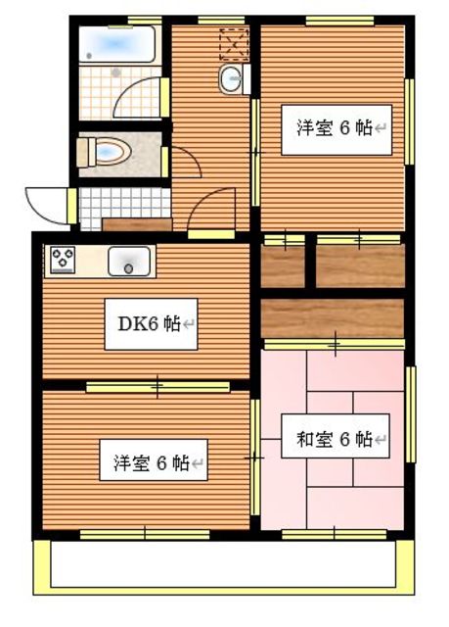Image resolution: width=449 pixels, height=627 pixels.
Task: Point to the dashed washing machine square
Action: [235, 44]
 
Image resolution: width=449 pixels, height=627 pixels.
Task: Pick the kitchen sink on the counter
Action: [129, 262]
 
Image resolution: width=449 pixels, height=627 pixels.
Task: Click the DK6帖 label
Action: [152, 323]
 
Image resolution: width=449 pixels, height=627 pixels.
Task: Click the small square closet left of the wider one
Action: [284, 265]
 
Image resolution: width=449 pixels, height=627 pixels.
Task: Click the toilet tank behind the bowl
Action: [85, 153]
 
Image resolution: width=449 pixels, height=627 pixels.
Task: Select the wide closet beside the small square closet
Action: [360, 265]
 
